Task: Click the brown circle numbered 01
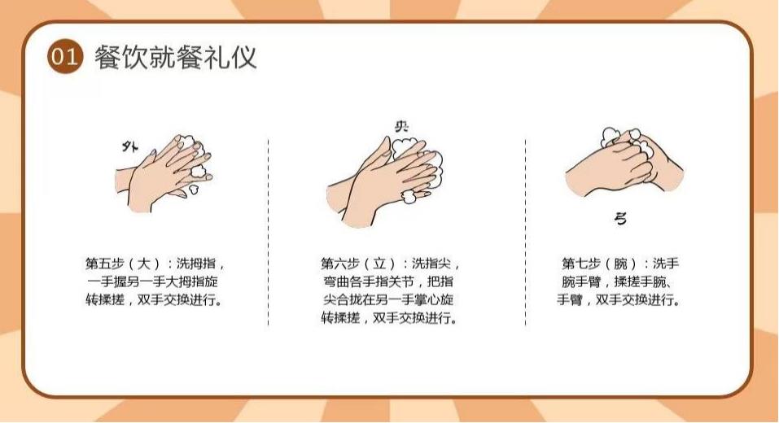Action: [x=64, y=57]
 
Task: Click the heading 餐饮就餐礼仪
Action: [x=175, y=57]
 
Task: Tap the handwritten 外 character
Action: [x=130, y=146]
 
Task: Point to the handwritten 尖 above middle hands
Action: [x=401, y=127]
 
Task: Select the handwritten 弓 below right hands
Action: [x=620, y=219]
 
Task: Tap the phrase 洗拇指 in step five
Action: [x=196, y=263]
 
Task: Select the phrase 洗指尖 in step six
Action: [x=431, y=263]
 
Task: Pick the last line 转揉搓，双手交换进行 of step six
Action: [x=389, y=318]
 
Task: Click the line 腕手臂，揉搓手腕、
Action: [x=618, y=281]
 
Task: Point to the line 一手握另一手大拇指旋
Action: [x=152, y=281]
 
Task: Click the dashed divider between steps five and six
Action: [x=269, y=233]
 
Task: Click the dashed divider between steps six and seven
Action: [x=526, y=233]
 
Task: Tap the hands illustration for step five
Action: [x=164, y=172]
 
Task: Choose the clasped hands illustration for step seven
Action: [x=624, y=162]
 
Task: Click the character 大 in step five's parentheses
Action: [x=143, y=263]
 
